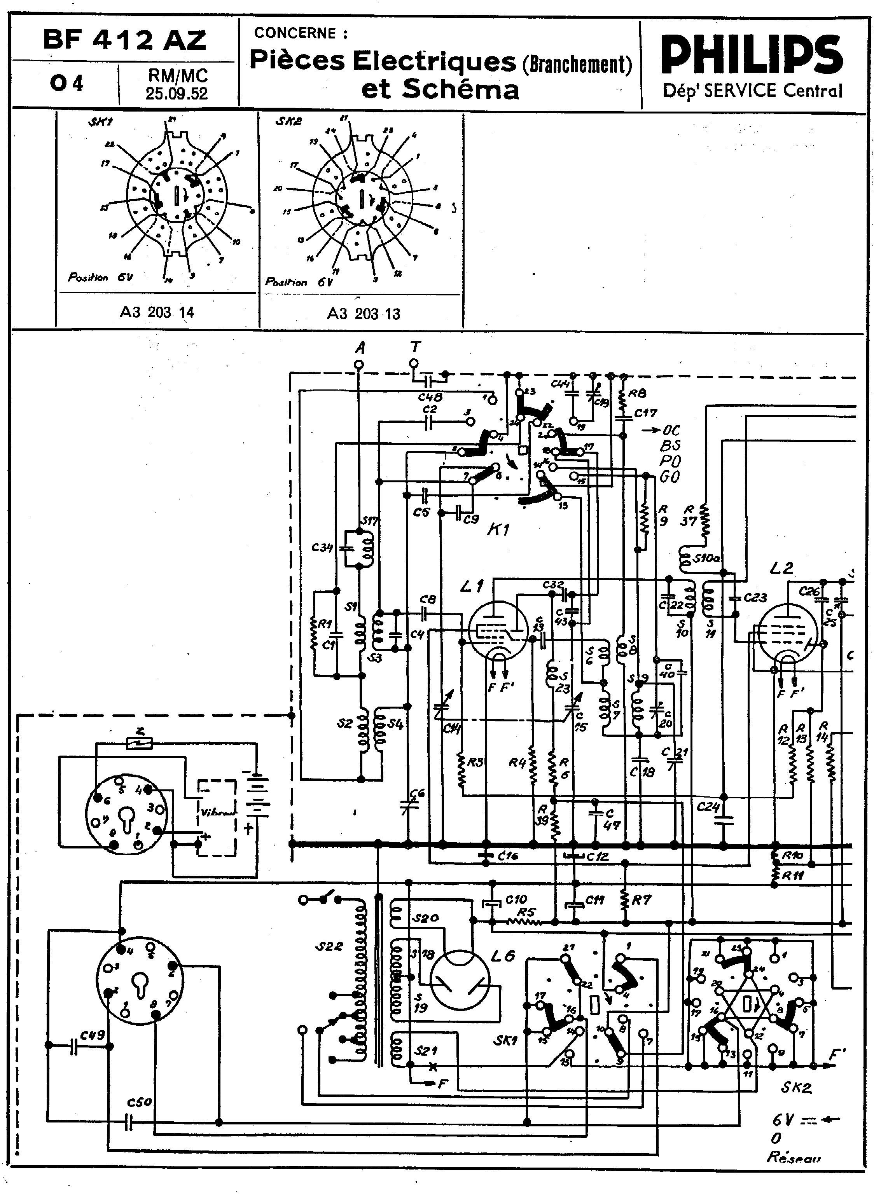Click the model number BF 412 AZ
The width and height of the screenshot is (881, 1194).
[124, 40]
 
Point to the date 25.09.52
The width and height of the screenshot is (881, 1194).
[177, 94]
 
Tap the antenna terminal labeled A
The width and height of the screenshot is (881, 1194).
[360, 365]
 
